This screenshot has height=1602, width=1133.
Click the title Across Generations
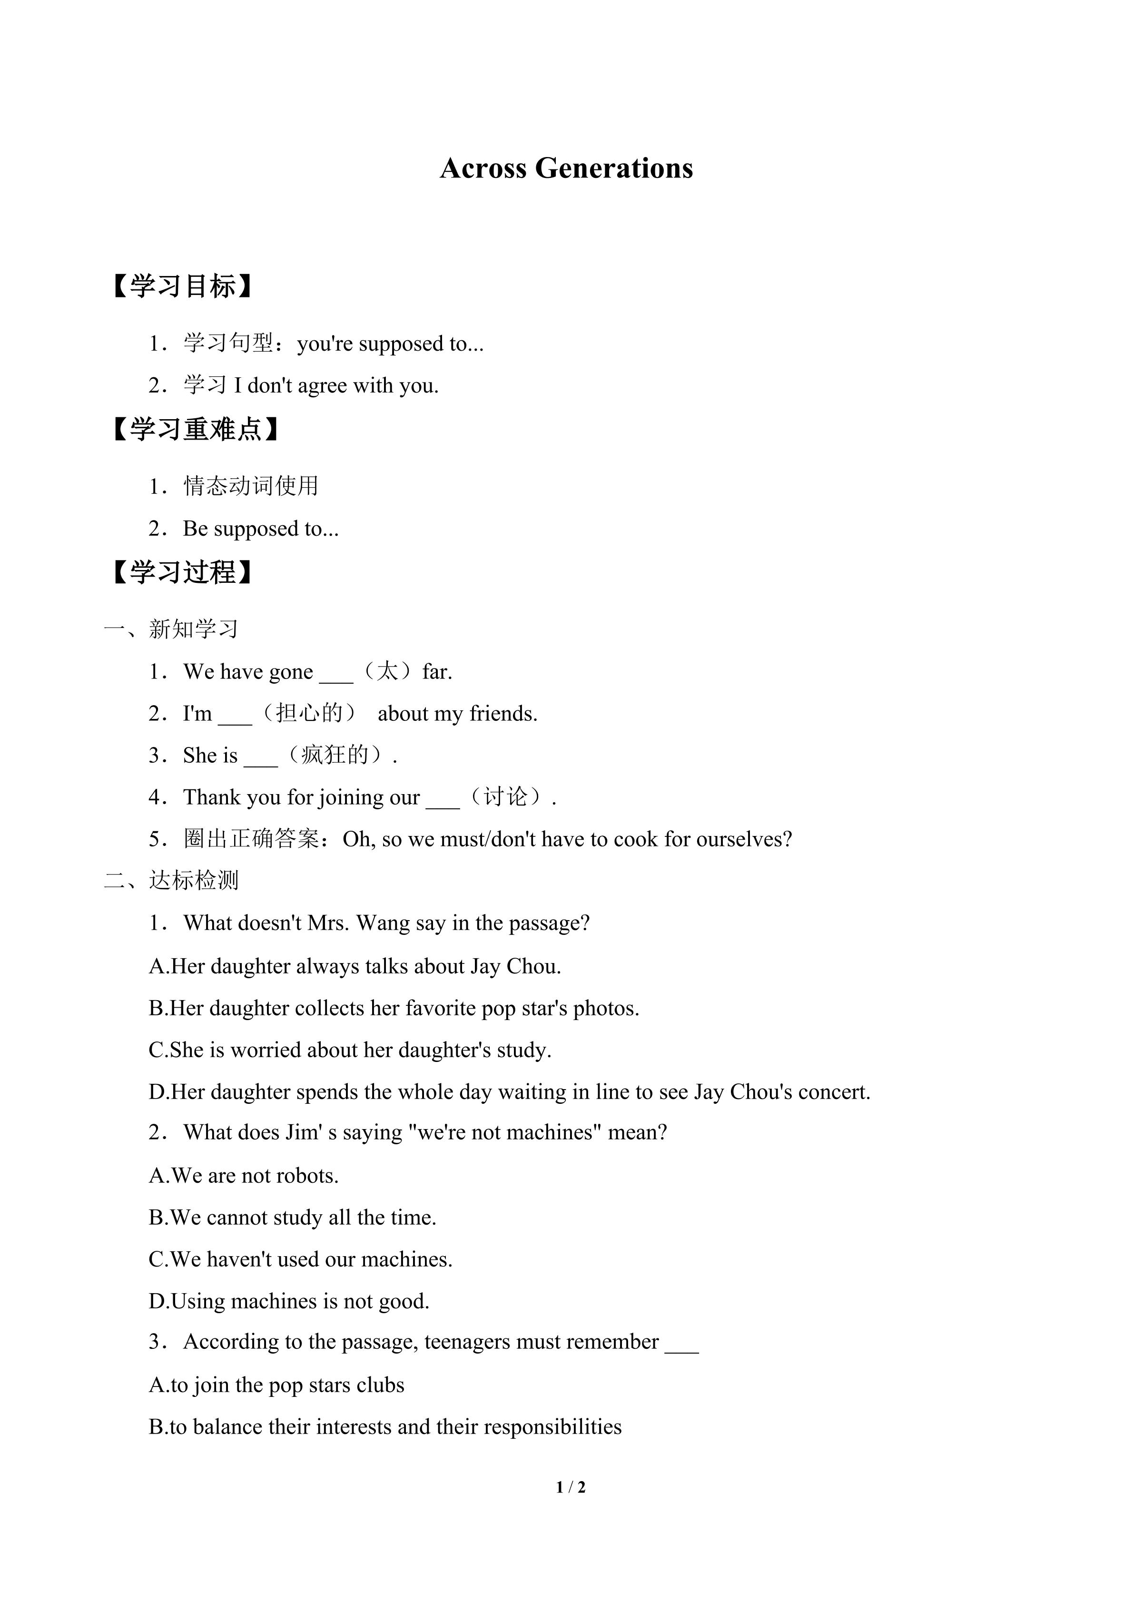pyautogui.click(x=566, y=168)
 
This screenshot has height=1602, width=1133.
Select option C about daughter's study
pyautogui.click(x=350, y=1050)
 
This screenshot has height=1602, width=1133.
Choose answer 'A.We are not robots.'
pyautogui.click(x=244, y=1176)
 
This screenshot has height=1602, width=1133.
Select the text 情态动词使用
pyautogui.click(x=251, y=486)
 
